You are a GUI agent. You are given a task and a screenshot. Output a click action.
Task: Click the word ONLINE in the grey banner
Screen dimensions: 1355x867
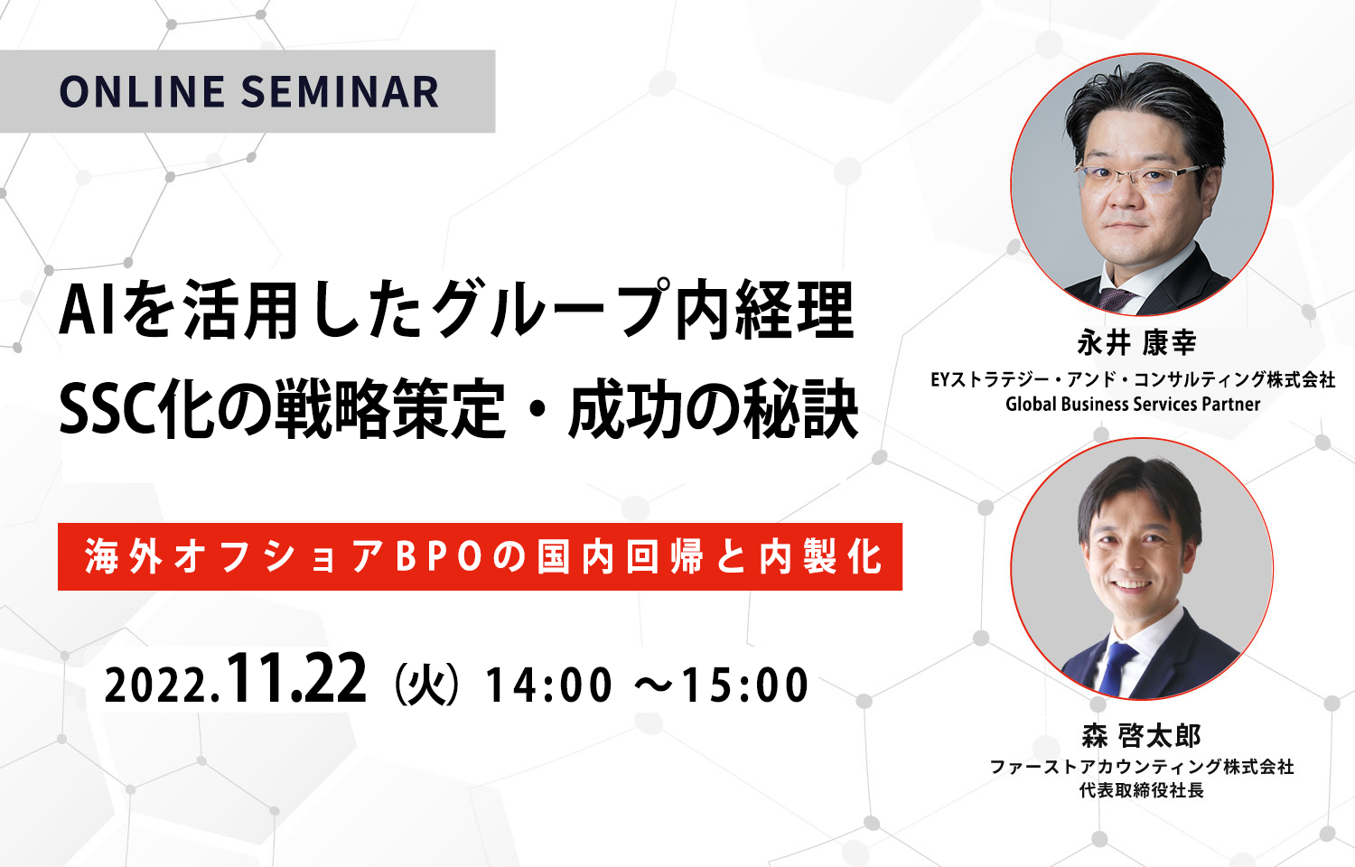142,92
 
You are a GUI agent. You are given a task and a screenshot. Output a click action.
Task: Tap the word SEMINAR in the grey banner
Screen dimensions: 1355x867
341,92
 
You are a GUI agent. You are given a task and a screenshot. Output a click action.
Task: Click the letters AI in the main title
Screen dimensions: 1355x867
87,313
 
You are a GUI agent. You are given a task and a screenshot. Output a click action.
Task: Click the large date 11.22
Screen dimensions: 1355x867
296,679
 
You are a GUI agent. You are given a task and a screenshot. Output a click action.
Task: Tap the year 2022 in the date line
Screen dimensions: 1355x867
158,685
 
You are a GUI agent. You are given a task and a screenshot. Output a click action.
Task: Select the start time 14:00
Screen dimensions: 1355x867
547,685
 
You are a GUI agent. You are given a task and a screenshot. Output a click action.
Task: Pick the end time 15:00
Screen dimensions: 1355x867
745,685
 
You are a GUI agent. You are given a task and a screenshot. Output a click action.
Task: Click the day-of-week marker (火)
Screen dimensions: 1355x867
425,685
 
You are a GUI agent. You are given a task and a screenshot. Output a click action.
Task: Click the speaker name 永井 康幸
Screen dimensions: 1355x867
1136,344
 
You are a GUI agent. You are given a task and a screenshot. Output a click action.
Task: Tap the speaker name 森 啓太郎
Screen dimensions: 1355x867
1141,735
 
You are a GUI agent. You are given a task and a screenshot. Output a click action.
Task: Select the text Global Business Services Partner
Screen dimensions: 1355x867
1133,404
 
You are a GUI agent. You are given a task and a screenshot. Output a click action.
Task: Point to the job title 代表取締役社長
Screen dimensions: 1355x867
1142,789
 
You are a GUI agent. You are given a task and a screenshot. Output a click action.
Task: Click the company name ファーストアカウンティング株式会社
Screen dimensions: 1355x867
1142,767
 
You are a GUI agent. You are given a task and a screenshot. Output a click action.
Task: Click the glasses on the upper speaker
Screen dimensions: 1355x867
1139,177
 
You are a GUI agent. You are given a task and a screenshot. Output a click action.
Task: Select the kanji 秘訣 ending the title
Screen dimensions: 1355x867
801,411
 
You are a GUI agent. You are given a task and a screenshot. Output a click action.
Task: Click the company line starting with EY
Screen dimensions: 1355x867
1133,379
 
